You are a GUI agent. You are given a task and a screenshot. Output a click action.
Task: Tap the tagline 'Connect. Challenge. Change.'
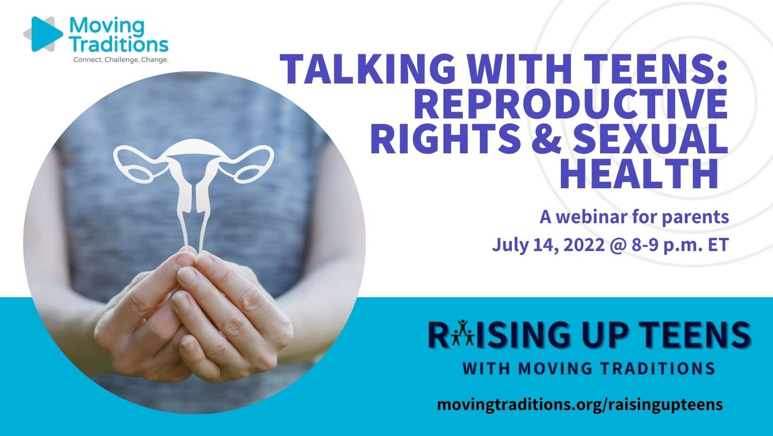click(x=121, y=60)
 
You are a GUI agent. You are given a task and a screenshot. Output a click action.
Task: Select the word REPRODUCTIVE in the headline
click(x=573, y=104)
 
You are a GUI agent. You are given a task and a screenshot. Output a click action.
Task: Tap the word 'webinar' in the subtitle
click(x=592, y=217)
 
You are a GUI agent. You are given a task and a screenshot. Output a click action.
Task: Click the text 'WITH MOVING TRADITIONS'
click(x=589, y=368)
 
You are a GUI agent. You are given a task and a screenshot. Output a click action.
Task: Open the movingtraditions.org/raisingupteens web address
click(x=580, y=404)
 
